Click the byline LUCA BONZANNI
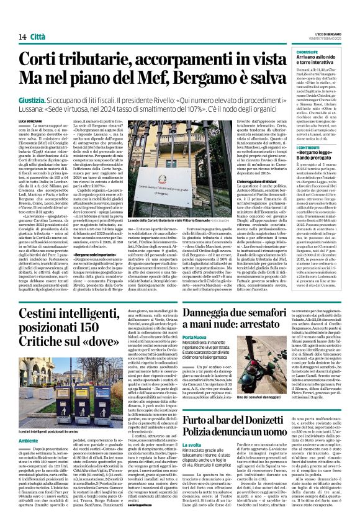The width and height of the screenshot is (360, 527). coord(30,120)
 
